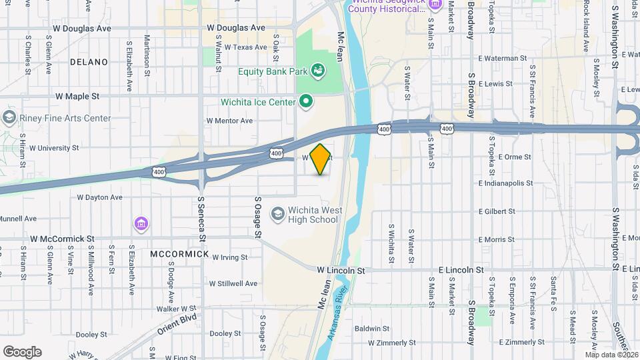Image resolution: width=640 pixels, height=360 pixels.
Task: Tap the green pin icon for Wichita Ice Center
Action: [x=306, y=101]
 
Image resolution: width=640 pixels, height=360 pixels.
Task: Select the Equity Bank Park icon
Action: [x=317, y=70]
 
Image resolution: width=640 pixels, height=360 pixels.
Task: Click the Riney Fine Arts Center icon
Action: [x=9, y=118]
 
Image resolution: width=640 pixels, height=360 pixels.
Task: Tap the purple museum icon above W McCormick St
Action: [x=141, y=223]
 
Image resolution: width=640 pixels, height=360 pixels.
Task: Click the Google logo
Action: [x=22, y=351]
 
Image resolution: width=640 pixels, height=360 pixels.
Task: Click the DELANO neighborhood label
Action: [x=89, y=62]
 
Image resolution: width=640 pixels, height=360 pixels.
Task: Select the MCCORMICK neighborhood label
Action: [x=179, y=255]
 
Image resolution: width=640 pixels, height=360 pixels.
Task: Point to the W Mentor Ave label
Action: [x=229, y=121]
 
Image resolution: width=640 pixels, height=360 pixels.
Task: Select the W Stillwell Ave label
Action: [x=233, y=283]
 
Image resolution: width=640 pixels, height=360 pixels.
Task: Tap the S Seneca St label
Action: [x=201, y=213]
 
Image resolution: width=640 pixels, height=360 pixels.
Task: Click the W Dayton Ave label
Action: [x=99, y=197]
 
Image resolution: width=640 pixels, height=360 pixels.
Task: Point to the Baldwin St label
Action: [x=372, y=329]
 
